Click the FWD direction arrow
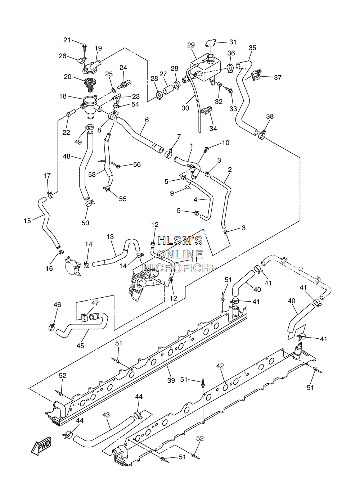[41, 446]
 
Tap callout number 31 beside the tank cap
[233, 42]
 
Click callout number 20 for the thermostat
[68, 77]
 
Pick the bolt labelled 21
[84, 48]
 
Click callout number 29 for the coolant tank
[191, 45]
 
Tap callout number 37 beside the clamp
[278, 77]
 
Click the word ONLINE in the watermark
[180, 254]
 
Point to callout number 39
[171, 380]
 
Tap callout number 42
[220, 366]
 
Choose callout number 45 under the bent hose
[80, 345]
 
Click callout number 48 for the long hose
[67, 157]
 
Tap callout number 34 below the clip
[213, 128]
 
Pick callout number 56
[137, 164]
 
